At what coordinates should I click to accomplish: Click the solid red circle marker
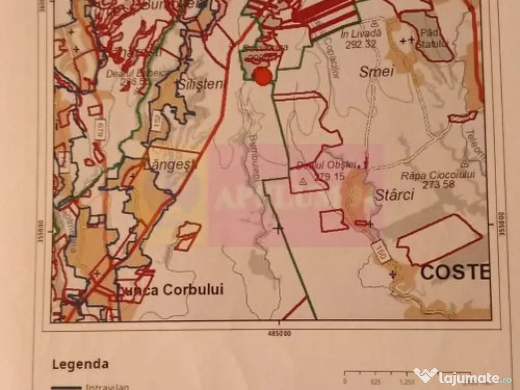click(x=263, y=76)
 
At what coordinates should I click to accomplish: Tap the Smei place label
click(x=377, y=72)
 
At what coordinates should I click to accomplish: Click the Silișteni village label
click(x=200, y=85)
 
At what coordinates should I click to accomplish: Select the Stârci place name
click(x=395, y=194)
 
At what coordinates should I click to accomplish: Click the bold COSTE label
click(x=455, y=272)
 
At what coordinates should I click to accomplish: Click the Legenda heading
click(x=80, y=364)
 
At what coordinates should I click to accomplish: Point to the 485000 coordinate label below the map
click(x=278, y=333)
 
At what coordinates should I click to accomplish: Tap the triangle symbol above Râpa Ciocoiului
click(x=464, y=164)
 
